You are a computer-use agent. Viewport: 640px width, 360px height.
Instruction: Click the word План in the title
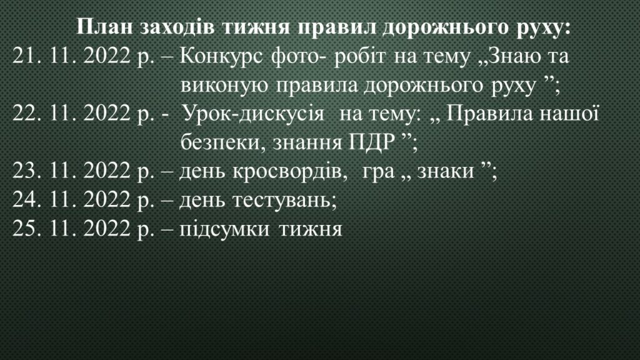click(x=104, y=27)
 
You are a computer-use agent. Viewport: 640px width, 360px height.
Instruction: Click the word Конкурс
click(x=221, y=56)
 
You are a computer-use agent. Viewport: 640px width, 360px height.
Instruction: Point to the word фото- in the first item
click(x=299, y=56)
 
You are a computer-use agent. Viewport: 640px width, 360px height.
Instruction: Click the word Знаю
click(x=512, y=56)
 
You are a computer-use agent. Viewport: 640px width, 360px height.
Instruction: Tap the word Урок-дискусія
click(x=252, y=114)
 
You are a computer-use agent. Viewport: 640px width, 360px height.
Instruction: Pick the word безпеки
click(x=223, y=142)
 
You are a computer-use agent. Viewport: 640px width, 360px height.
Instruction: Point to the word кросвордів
click(x=289, y=171)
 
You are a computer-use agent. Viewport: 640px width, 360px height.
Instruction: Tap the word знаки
click(x=445, y=171)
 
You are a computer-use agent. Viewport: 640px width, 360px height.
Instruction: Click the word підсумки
click(x=224, y=229)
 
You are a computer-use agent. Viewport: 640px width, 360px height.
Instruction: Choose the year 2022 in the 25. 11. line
click(x=107, y=229)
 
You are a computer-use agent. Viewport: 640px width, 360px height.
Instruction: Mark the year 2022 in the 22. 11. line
click(x=107, y=113)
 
